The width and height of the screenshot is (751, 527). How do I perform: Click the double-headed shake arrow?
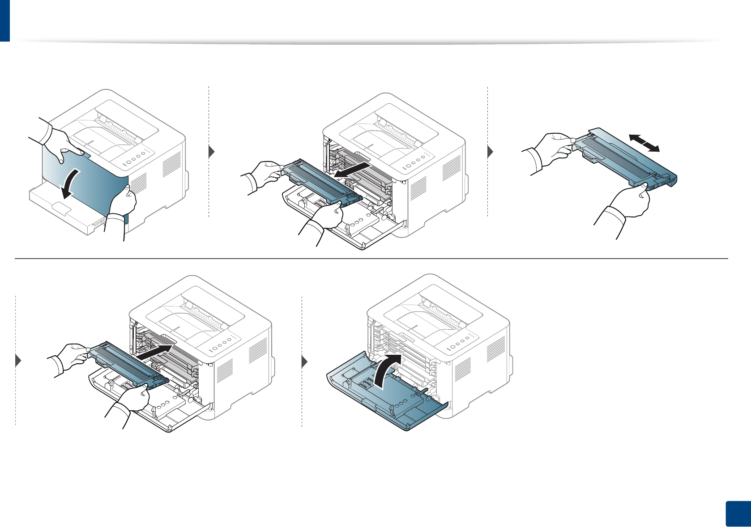pyautogui.click(x=644, y=143)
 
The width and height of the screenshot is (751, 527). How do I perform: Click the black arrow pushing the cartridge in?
pyautogui.click(x=154, y=352)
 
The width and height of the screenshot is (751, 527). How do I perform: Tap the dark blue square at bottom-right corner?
pyautogui.click(x=737, y=514)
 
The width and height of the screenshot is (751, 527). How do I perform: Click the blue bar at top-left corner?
pyautogui.click(x=4, y=20)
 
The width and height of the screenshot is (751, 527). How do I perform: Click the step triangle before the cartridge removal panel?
pyautogui.click(x=212, y=152)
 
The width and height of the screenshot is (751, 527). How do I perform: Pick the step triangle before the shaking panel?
pyautogui.click(x=490, y=152)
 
